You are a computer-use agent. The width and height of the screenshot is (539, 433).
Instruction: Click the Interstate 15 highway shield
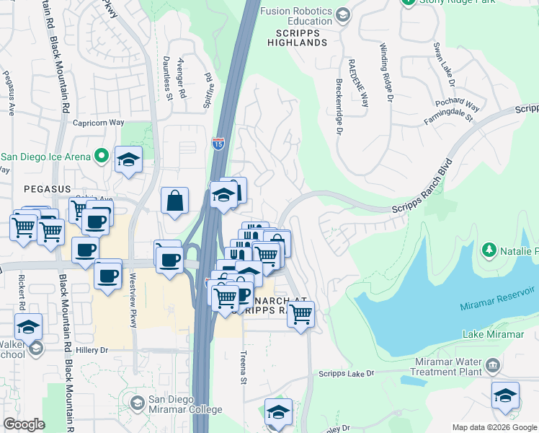[x=218, y=144]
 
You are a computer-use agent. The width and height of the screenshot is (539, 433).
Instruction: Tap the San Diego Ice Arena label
[x=45, y=157]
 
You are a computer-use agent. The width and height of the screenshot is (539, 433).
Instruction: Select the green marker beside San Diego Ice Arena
[x=102, y=156]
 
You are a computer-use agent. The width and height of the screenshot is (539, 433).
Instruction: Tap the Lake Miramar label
[x=494, y=335]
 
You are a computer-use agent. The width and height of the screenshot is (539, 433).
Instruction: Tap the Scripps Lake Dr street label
[x=347, y=374]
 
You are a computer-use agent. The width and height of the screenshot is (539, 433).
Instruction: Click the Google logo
[x=24, y=424]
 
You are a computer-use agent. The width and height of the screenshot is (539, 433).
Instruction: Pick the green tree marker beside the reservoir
[x=489, y=250]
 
